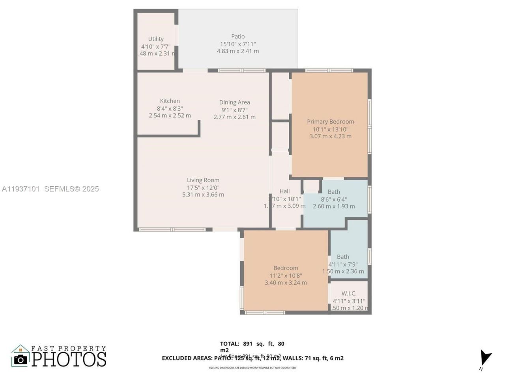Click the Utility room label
coord(156,39)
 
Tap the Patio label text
coord(238,37)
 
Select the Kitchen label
coord(170,101)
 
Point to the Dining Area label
coord(234,102)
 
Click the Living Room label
coord(203,180)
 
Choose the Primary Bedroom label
coord(330,122)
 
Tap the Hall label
coord(284,191)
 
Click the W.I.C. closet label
coord(349,293)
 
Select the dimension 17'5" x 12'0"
coord(203,187)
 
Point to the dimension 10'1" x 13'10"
coord(330,129)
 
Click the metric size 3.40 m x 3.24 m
coord(286,282)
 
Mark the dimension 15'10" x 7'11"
coord(238,44)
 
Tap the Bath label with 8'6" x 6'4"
coord(334,192)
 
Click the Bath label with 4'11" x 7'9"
coord(343,257)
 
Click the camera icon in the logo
coord(21,359)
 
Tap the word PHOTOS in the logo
coord(69,359)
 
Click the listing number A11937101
coord(21,189)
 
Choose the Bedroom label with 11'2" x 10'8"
coord(286,268)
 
